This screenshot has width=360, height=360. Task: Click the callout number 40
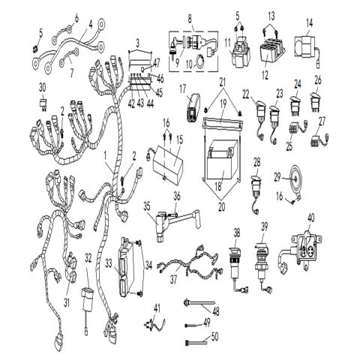coord(309,218)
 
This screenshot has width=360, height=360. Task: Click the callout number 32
coord(88,257)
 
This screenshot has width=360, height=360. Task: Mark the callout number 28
coord(256,163)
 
